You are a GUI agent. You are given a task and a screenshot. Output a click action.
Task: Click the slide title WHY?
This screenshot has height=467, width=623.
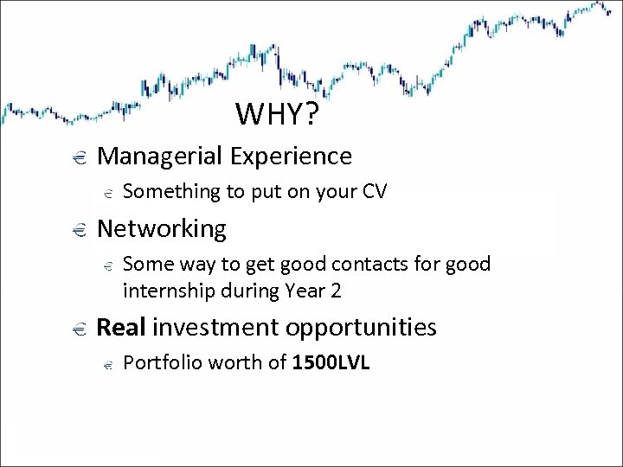click(x=279, y=114)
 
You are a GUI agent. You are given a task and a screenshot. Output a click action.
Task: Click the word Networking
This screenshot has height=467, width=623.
click(x=162, y=229)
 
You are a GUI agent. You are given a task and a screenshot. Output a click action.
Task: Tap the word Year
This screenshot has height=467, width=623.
click(x=305, y=291)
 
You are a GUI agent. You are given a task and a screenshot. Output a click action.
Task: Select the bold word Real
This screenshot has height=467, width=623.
click(x=122, y=327)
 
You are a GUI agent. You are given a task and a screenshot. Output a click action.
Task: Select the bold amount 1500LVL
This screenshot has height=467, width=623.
click(x=331, y=362)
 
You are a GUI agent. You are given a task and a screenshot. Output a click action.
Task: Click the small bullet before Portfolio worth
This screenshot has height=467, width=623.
click(x=106, y=365)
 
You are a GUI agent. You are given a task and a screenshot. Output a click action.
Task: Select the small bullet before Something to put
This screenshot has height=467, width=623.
click(x=106, y=193)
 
